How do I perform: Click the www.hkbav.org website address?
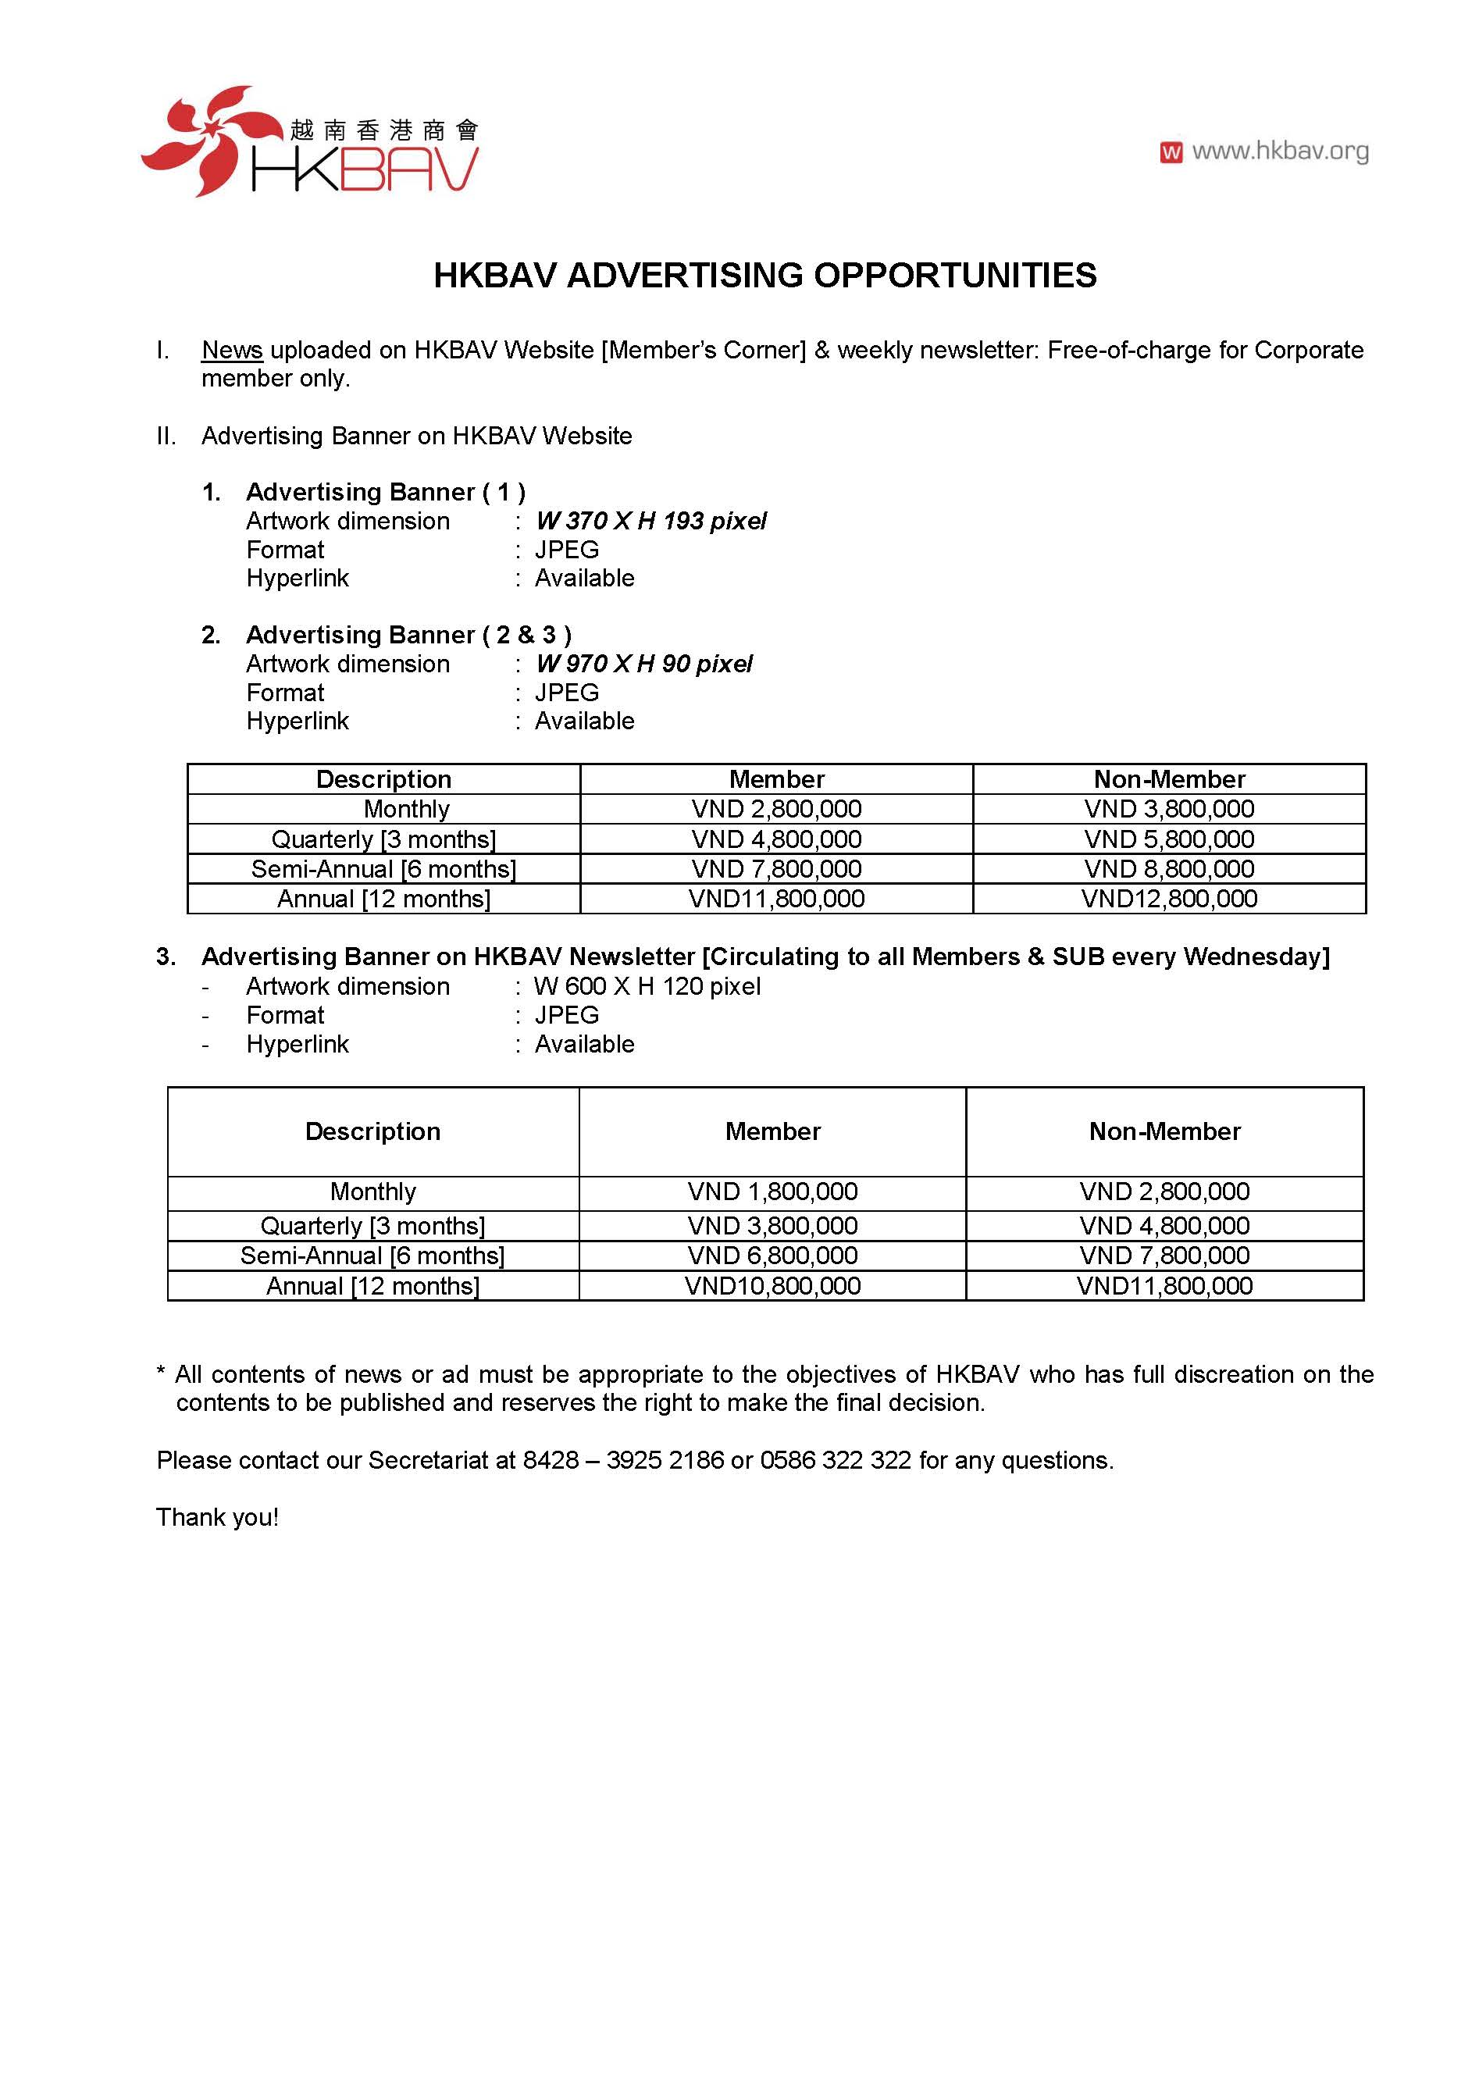(x=1280, y=151)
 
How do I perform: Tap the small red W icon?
(x=1171, y=152)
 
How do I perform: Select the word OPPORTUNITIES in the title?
(x=954, y=275)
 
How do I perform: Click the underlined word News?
(x=232, y=351)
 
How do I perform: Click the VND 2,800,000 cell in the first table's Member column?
(x=776, y=809)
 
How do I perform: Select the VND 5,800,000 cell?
(x=1168, y=839)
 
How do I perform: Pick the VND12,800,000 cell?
(x=1168, y=899)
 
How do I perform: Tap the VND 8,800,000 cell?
(x=1168, y=869)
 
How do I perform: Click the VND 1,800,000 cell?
(x=772, y=1192)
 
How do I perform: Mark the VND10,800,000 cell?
(x=772, y=1286)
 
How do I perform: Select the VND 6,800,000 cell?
(x=772, y=1256)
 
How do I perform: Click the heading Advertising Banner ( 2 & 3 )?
(x=408, y=635)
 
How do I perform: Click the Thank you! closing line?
(x=217, y=1517)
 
